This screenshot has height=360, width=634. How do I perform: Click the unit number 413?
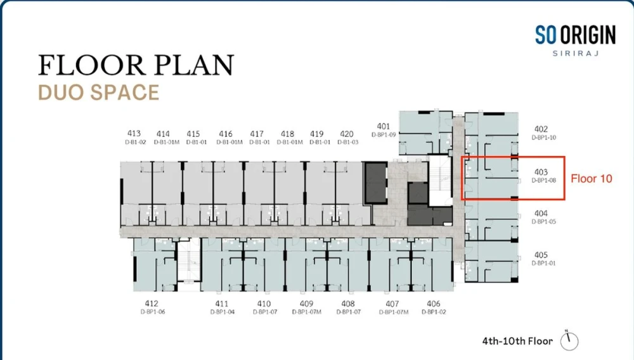point(134,133)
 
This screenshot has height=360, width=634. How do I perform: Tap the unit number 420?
point(347,134)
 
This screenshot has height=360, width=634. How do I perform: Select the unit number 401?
point(384,126)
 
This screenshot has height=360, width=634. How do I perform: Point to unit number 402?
point(541,129)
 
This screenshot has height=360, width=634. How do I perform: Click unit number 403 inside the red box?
point(541,172)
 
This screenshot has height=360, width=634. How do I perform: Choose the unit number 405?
point(541,255)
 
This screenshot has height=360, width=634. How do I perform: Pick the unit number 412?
point(152,303)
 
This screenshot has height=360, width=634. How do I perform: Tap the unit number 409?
point(306,304)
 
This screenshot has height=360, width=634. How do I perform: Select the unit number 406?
point(434,304)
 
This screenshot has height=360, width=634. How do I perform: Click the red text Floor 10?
point(591,179)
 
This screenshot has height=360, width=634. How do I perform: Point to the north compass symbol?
point(569,340)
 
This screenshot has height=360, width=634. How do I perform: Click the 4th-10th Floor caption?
point(517,341)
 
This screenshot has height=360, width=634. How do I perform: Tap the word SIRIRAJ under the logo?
point(576,53)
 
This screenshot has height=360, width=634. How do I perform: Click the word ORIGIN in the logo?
point(588,34)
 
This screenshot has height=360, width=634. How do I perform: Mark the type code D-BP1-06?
point(152,312)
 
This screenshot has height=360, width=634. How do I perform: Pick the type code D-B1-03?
point(347,142)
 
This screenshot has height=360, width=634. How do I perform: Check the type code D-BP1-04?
point(223,312)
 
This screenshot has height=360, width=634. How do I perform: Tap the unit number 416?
point(226,134)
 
